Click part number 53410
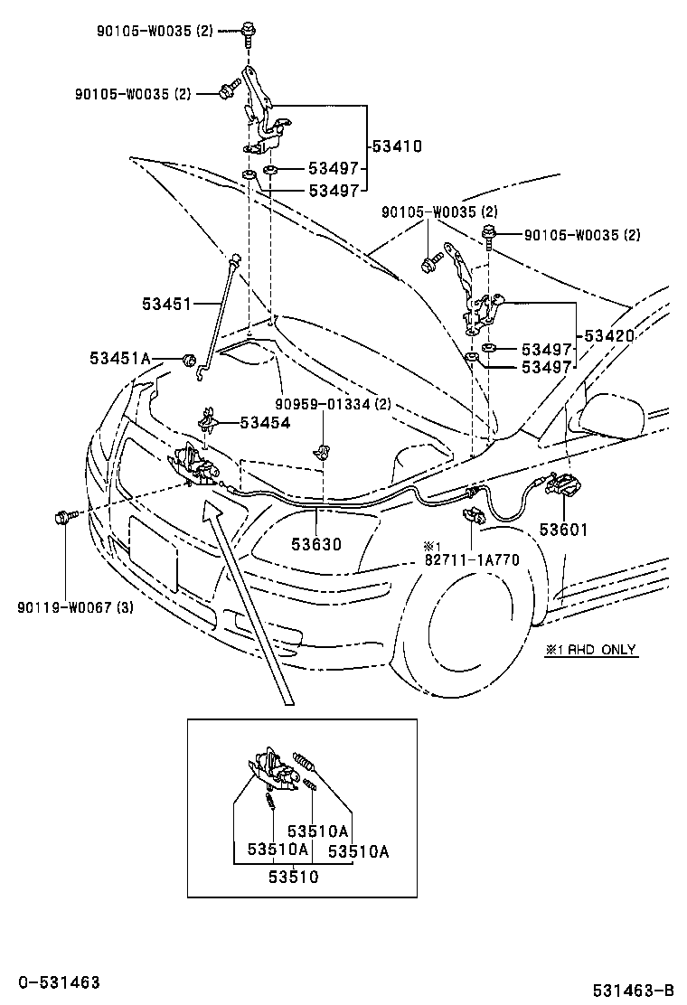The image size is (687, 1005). point(398,146)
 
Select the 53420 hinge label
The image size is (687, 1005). point(609,336)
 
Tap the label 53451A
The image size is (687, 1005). point(120,358)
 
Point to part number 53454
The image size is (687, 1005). point(266,422)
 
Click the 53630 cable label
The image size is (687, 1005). point(316,544)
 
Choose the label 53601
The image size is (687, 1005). point(563,530)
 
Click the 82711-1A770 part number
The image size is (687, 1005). point(472,560)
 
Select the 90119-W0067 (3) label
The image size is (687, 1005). point(76,606)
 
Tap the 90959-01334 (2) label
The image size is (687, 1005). point(334,404)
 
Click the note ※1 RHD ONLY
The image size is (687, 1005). point(591,649)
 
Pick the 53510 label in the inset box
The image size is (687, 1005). point(294,876)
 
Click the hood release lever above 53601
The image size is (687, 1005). point(559,484)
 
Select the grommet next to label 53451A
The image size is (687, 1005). point(188,359)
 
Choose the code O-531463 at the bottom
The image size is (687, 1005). point(59,982)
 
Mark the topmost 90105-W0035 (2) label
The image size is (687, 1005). point(155,30)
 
